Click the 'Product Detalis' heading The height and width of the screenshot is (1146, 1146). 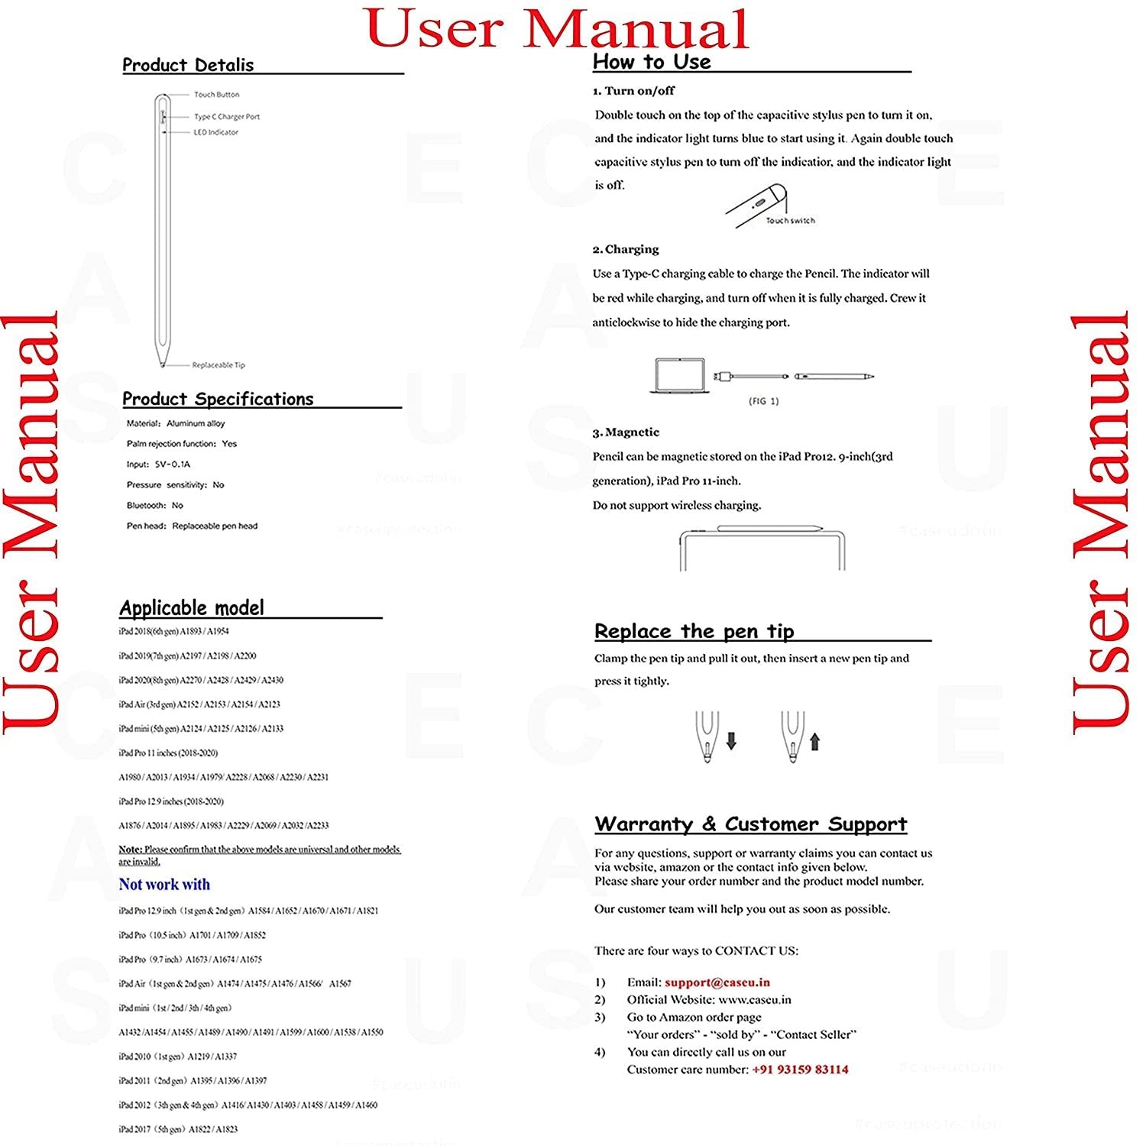[x=188, y=65]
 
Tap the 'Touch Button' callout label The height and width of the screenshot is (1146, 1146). [x=216, y=95]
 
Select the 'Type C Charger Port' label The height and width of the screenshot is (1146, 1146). [x=227, y=117]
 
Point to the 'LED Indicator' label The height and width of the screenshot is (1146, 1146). [x=215, y=132]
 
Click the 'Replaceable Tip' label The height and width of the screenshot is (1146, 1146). [x=219, y=365]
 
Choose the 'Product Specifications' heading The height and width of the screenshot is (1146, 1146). [x=218, y=399]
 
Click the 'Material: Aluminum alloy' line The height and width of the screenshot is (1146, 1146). [x=176, y=423]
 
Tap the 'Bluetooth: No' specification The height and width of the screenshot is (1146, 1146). [x=155, y=506]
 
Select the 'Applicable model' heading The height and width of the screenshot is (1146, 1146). [x=192, y=608]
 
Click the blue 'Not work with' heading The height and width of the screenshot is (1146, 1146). [x=164, y=885]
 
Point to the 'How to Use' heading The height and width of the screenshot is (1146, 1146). [x=652, y=62]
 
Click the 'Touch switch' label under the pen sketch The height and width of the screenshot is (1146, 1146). [x=791, y=221]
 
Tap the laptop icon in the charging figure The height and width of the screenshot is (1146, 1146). [x=678, y=376]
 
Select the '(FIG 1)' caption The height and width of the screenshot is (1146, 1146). [x=763, y=401]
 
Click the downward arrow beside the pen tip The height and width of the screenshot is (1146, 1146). [x=731, y=740]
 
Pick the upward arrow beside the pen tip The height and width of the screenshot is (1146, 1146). [x=814, y=740]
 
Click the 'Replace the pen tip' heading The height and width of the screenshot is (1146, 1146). [x=694, y=632]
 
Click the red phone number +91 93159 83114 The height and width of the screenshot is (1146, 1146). [x=800, y=1070]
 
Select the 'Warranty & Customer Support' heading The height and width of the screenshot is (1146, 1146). [x=750, y=824]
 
